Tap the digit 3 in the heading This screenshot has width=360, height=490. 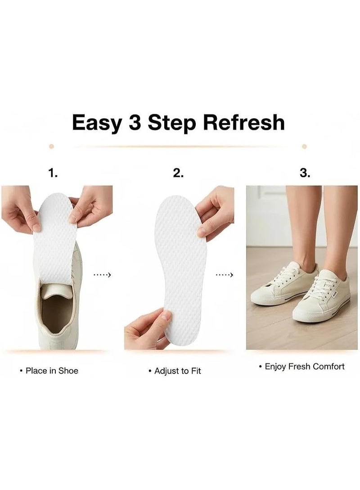coord(135,122)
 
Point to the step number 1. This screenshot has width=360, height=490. coord(53,173)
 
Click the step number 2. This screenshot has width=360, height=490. coord(178,173)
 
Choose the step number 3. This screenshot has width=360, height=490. coord(305,173)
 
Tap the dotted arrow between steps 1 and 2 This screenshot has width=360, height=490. coord(102,275)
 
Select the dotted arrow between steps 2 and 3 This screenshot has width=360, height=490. coord(225,275)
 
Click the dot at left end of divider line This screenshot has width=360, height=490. coord(52,146)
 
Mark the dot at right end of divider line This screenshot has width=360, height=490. coord(304,146)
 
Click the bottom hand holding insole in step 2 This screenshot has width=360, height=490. coord(147,329)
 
